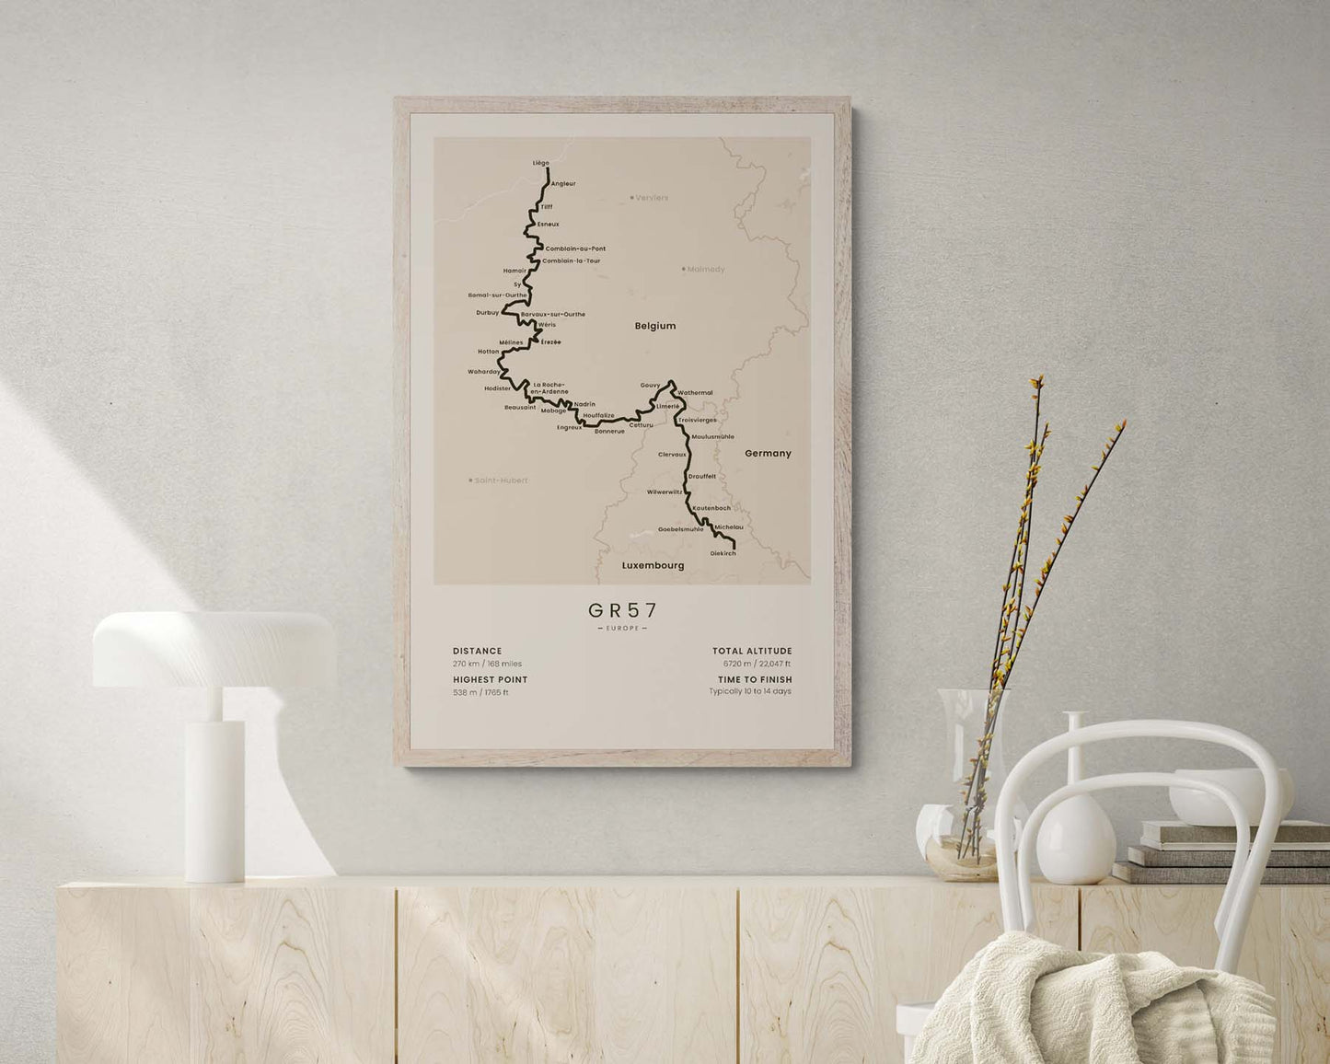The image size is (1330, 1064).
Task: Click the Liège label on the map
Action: pos(540,163)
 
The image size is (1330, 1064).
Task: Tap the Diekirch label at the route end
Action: pos(723,553)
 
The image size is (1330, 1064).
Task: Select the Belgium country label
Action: pos(655,326)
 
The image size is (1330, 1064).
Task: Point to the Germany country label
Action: pos(768,453)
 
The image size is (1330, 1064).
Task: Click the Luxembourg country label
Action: pos(653,565)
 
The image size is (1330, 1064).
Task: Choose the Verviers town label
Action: pos(651,198)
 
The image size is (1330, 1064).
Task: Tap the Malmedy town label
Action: pos(705,270)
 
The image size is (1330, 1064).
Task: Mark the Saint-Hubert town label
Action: pos(500,480)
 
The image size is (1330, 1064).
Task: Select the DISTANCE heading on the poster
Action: pos(477,652)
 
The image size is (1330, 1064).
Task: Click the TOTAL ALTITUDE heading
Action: pos(752,652)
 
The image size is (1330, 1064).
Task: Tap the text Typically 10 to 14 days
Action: pos(749,691)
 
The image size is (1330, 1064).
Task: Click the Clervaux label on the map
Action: pos(672,455)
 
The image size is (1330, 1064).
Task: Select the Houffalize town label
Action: pos(598,416)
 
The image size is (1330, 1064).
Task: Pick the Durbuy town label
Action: pos(487,313)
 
